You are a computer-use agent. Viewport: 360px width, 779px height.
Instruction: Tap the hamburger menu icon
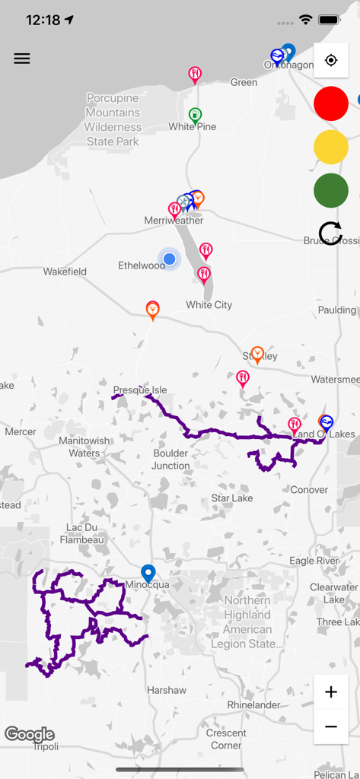click(x=22, y=59)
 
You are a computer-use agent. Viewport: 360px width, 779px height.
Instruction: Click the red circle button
click(x=331, y=103)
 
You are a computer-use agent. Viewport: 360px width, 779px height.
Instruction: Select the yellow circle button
click(x=331, y=147)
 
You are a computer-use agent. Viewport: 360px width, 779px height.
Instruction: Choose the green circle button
click(x=331, y=190)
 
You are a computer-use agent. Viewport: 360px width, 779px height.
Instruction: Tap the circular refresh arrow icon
click(x=331, y=234)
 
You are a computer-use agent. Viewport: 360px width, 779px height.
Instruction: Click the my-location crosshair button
click(x=331, y=60)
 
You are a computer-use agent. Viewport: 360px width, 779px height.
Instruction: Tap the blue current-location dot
click(x=170, y=259)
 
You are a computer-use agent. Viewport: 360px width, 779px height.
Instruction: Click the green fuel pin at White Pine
click(x=195, y=116)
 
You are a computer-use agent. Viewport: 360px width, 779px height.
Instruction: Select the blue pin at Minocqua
click(x=148, y=574)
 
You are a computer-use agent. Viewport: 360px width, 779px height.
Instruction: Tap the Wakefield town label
click(x=65, y=272)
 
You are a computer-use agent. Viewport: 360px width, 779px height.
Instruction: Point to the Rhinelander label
click(x=253, y=705)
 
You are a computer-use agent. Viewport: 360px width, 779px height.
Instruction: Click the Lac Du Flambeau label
click(x=81, y=533)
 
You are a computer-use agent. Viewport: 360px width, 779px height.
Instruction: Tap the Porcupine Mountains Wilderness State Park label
click(x=113, y=120)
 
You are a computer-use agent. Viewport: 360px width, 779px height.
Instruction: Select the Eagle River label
click(x=314, y=561)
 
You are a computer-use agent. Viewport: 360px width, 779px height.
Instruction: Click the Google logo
click(x=30, y=734)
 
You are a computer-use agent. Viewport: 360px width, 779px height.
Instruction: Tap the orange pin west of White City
click(x=153, y=310)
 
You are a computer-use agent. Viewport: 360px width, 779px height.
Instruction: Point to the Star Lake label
click(x=232, y=498)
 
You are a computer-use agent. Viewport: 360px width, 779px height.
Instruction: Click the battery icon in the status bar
click(x=329, y=20)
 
